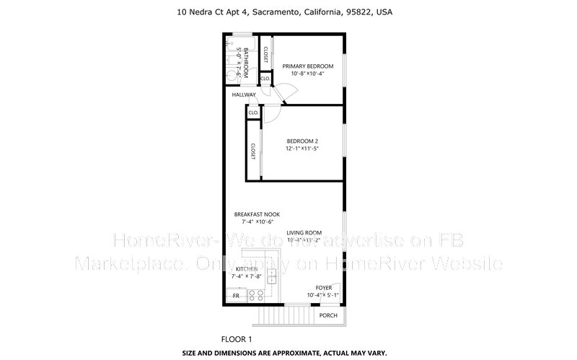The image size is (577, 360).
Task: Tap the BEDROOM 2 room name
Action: coord(302,141)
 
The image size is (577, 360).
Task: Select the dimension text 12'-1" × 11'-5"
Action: coord(302,149)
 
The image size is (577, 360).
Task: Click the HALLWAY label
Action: coord(244,95)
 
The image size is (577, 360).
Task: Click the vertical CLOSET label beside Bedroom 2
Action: coord(253,150)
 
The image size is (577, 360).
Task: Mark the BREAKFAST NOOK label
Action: coord(256,214)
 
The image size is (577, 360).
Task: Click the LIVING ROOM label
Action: coord(304,232)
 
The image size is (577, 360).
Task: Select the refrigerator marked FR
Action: coord(235,296)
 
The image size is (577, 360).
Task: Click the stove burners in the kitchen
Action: coord(256,294)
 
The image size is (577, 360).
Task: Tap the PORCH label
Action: coord(328,315)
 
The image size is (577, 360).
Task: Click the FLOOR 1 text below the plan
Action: coord(236,338)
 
